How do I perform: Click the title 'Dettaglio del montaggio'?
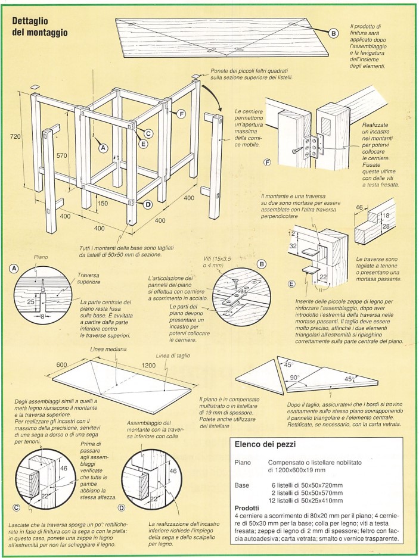click(x=39, y=25)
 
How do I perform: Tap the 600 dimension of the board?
click(x=61, y=364)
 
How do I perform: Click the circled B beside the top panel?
click(x=334, y=33)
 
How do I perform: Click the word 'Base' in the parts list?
click(x=242, y=484)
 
